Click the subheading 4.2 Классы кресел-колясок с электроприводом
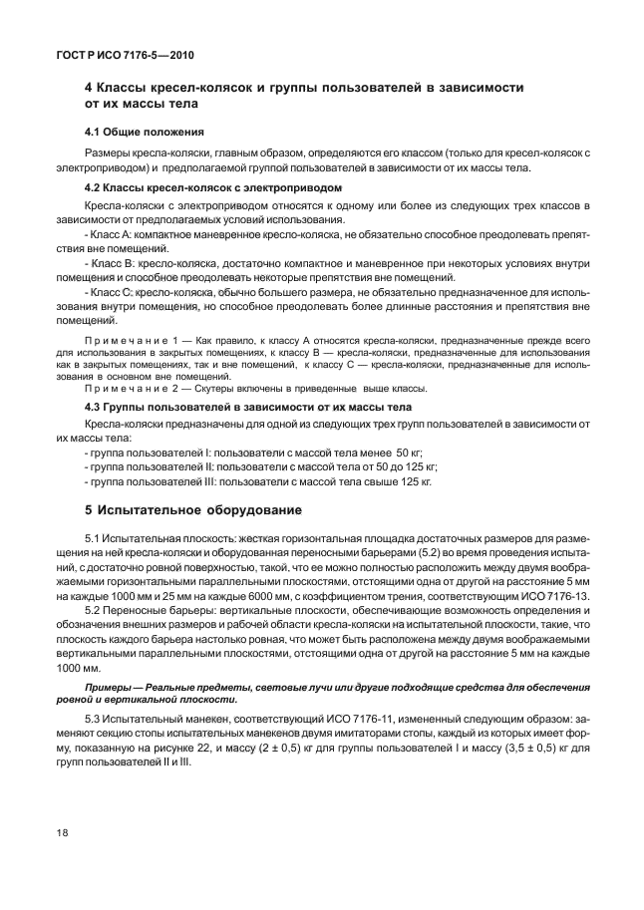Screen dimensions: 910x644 pyautogui.click(x=213, y=187)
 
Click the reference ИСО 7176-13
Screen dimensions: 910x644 pyautogui.click(x=555, y=594)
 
